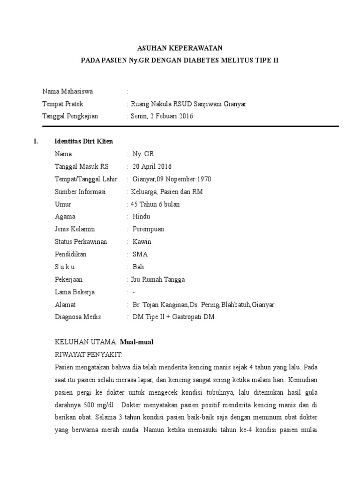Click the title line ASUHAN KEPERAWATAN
(180, 48)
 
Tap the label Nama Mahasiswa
(67, 91)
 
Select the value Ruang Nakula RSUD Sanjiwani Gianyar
(188, 104)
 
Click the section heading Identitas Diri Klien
(84, 142)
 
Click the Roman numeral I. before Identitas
(36, 142)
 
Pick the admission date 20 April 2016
(152, 166)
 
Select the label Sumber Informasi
(80, 192)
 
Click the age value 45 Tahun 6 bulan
(155, 204)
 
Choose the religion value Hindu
(142, 217)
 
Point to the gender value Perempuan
(149, 229)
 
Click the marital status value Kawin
(142, 242)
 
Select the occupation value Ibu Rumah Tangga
(158, 279)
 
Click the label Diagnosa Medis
(78, 317)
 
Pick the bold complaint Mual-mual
(136, 342)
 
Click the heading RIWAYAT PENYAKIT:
(89, 354)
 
